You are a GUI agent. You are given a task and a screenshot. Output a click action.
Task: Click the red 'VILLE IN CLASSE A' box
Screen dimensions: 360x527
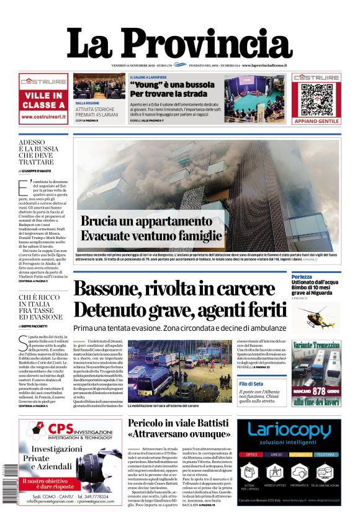tap(43, 101)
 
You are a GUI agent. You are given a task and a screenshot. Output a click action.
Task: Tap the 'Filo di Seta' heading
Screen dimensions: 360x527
tap(251, 384)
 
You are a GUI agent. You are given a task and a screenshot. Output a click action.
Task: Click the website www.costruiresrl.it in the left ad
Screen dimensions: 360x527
tap(43, 116)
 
